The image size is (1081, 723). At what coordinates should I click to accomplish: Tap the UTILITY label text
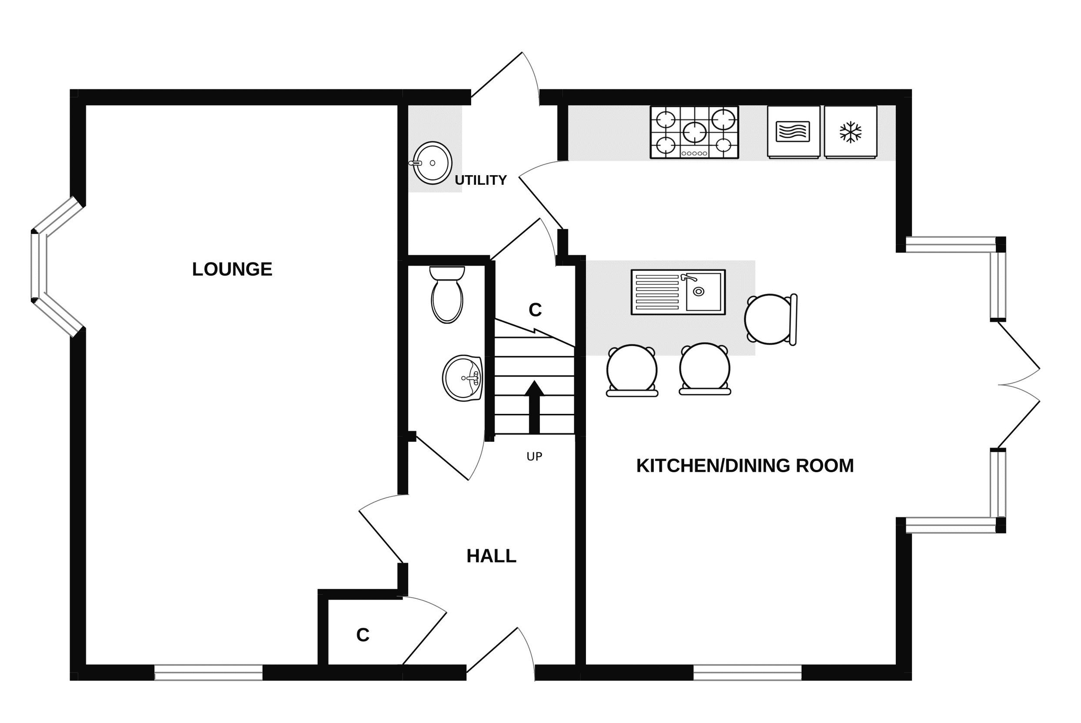coord(480,180)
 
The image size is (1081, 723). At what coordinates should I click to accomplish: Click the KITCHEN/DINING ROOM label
coord(745,466)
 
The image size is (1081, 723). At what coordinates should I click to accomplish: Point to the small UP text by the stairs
coord(534,456)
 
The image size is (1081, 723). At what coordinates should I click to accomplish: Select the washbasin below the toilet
coord(462,378)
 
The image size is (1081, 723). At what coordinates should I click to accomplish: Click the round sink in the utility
coord(432,163)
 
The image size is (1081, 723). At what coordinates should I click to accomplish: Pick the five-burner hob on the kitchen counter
coord(694,132)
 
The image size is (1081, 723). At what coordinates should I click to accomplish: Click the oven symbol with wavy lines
coord(793,132)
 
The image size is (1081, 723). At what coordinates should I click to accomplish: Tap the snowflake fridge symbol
coord(850,132)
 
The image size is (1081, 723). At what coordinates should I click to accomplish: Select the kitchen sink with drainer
coord(678,292)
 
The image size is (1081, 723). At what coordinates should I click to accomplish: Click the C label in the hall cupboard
coord(363,635)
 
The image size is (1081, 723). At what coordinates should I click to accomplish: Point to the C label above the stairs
coord(535,310)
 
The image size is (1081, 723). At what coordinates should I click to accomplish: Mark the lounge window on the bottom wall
coord(208,672)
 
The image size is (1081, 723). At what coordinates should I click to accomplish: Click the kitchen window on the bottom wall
coord(747,672)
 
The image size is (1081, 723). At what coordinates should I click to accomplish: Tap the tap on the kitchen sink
coord(688,277)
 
